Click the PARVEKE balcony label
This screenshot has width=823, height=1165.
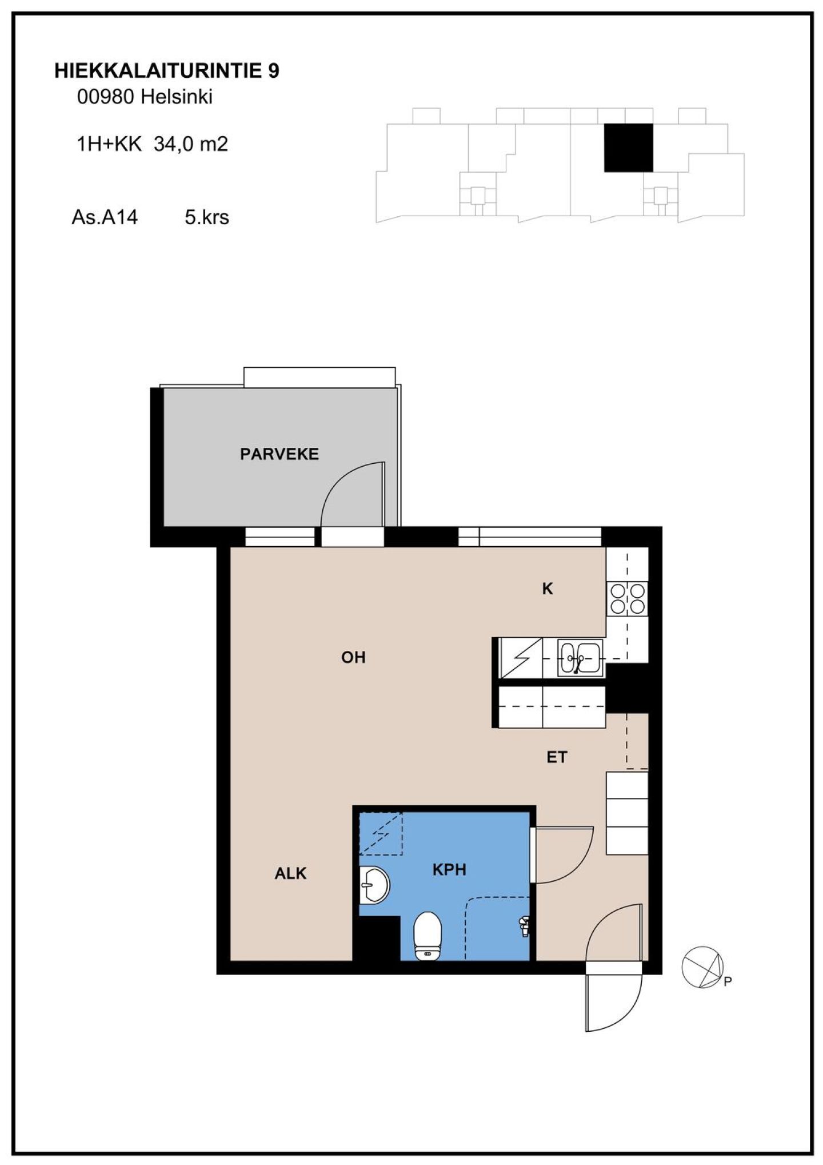(x=279, y=454)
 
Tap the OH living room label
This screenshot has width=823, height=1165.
(x=353, y=657)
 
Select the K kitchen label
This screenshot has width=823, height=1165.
(x=548, y=589)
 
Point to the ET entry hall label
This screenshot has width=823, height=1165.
(x=557, y=757)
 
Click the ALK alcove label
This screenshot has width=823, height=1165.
(x=290, y=873)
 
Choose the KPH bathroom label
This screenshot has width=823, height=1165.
(x=449, y=870)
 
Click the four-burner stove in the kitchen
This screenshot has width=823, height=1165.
(x=628, y=598)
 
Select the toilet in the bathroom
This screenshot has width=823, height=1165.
(x=428, y=936)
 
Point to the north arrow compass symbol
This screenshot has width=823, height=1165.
(x=703, y=967)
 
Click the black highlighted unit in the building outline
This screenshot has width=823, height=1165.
(x=629, y=148)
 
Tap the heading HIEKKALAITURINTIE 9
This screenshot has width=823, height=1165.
(x=167, y=71)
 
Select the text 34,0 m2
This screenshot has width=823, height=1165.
(x=191, y=144)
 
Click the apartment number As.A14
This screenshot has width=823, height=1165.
(x=105, y=217)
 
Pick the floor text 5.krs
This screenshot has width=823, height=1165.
(x=207, y=217)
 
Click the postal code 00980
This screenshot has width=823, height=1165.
(x=106, y=97)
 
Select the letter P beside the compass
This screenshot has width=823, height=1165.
(x=728, y=982)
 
